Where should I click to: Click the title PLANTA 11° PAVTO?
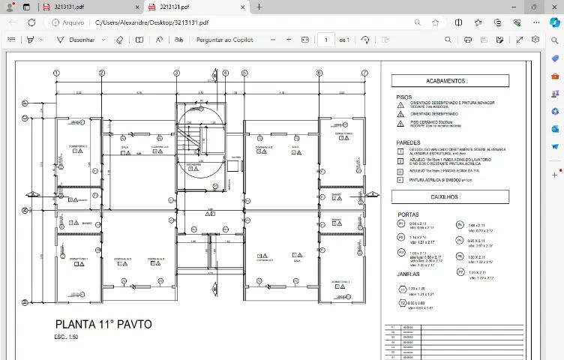tap(103, 325)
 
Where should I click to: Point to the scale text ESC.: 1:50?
tap(67, 337)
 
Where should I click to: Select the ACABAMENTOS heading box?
tap(446, 80)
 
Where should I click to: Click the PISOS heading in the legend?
tap(404, 97)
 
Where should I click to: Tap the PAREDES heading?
tap(409, 142)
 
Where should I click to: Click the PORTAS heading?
tap(408, 214)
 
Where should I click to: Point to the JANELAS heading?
tap(409, 274)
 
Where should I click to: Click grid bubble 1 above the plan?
tap(56, 73)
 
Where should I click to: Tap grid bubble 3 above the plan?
tap(176, 73)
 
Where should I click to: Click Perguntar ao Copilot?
tap(225, 40)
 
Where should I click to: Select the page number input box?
tap(326, 40)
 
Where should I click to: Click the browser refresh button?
tap(31, 22)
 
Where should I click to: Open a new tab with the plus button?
tap(259, 7)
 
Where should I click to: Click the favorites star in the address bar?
tap(435, 22)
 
